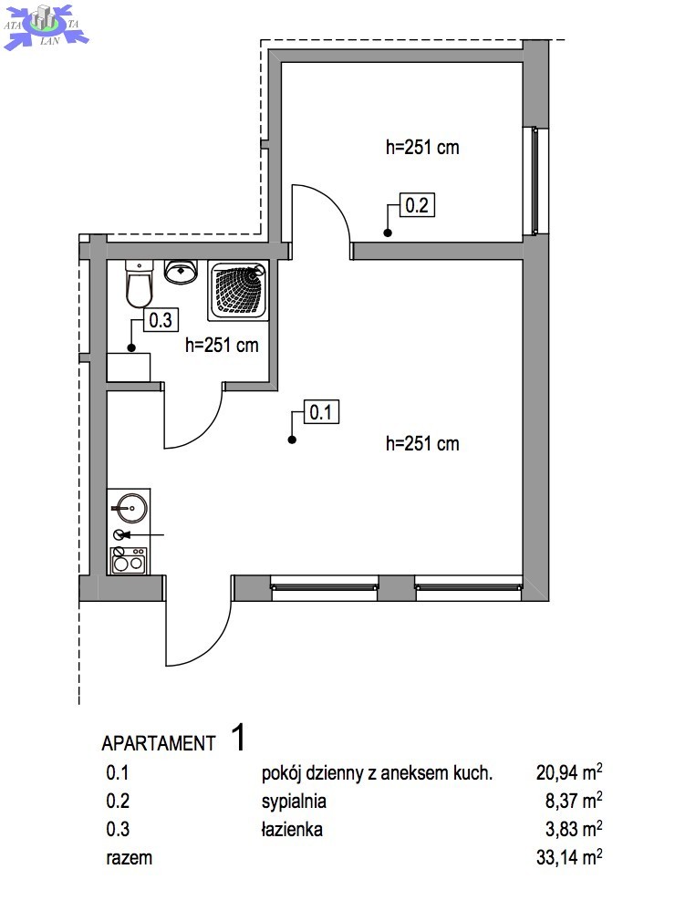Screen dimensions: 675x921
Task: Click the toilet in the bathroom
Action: (140, 283)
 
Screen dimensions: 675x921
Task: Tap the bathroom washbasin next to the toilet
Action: (181, 272)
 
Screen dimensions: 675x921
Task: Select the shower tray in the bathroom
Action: (238, 291)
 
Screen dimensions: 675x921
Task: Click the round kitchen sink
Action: (130, 507)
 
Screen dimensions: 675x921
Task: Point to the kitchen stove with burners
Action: (128, 560)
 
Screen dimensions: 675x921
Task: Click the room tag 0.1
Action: (321, 412)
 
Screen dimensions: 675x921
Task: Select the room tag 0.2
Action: (417, 205)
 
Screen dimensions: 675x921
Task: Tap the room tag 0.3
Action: (161, 320)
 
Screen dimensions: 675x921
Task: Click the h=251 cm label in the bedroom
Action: (422, 147)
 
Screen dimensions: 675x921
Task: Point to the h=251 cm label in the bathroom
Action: (222, 345)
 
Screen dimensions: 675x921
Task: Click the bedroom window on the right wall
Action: (534, 181)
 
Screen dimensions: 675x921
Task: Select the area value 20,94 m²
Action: (568, 771)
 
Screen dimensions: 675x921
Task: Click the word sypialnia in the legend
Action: (294, 802)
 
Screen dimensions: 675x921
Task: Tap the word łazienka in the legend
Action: (292, 829)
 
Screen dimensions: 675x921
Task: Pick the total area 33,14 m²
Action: (568, 857)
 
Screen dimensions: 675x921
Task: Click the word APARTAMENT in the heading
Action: (159, 743)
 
